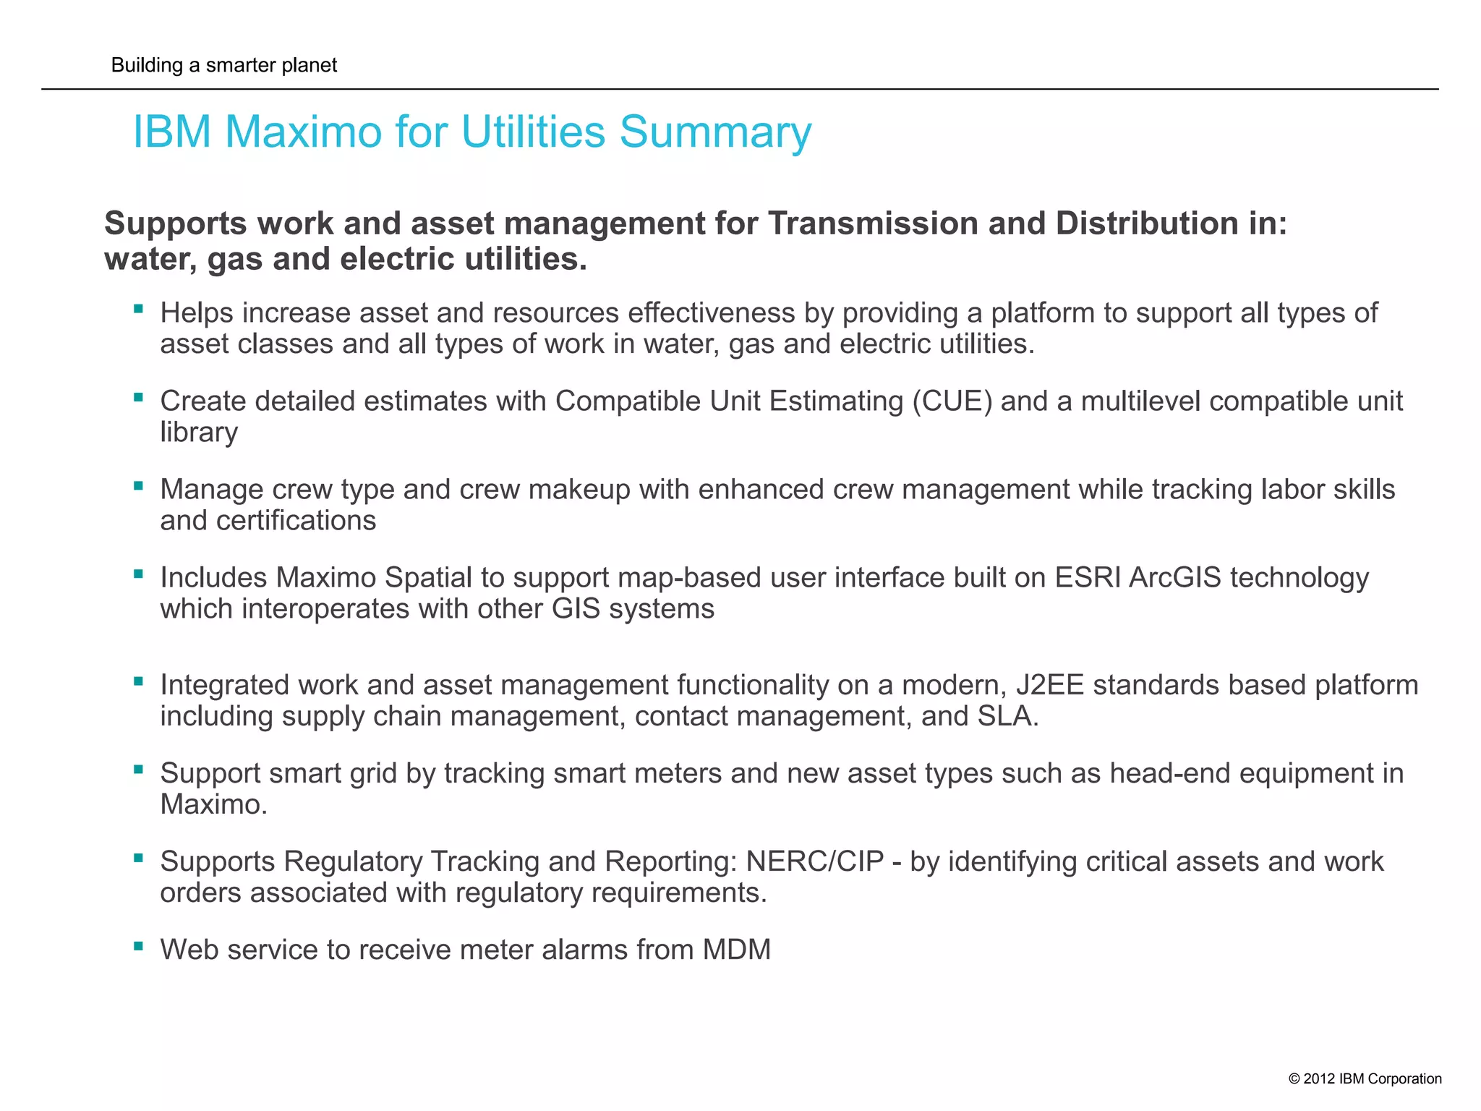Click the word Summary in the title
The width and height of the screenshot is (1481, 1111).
pos(715,132)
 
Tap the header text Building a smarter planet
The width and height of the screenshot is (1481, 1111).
pos(224,65)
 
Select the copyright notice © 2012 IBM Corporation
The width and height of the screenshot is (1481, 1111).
pos(1365,1078)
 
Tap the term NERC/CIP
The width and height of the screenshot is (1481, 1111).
pos(815,861)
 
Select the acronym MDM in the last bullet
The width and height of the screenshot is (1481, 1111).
pos(736,950)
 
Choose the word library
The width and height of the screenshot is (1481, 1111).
pos(199,433)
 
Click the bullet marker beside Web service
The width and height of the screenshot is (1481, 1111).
pos(138,945)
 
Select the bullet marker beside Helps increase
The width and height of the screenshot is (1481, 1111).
pos(138,309)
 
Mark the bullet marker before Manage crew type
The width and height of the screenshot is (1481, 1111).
pos(138,485)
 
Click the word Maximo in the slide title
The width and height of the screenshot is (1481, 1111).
pos(302,132)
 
